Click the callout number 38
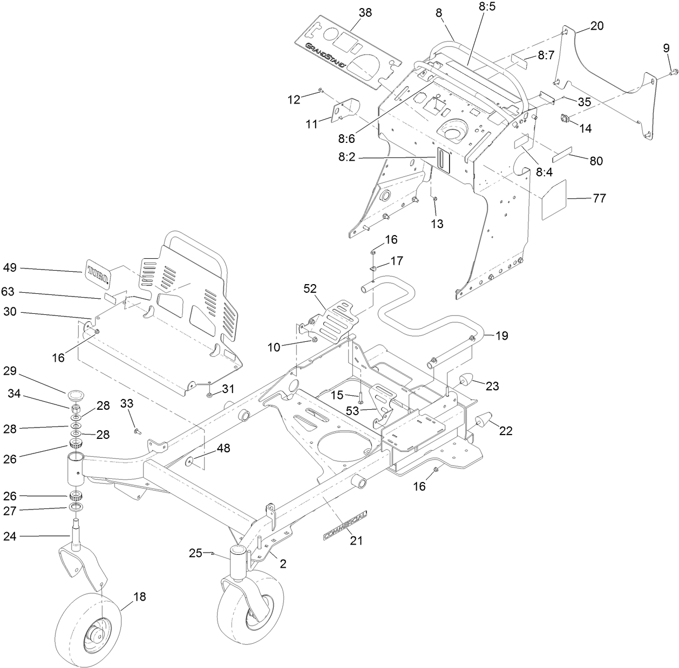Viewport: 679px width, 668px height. (x=365, y=13)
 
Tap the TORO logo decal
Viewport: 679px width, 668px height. (x=98, y=271)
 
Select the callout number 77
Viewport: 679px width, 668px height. (x=599, y=198)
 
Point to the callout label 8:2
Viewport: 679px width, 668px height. (x=346, y=157)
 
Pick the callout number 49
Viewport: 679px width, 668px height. (x=10, y=267)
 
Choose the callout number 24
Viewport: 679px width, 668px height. (x=10, y=536)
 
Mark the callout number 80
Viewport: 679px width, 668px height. (x=596, y=161)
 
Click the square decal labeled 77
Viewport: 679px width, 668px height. (x=553, y=200)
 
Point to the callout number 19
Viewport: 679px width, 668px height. (x=501, y=335)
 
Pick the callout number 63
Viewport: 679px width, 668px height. (x=8, y=292)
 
